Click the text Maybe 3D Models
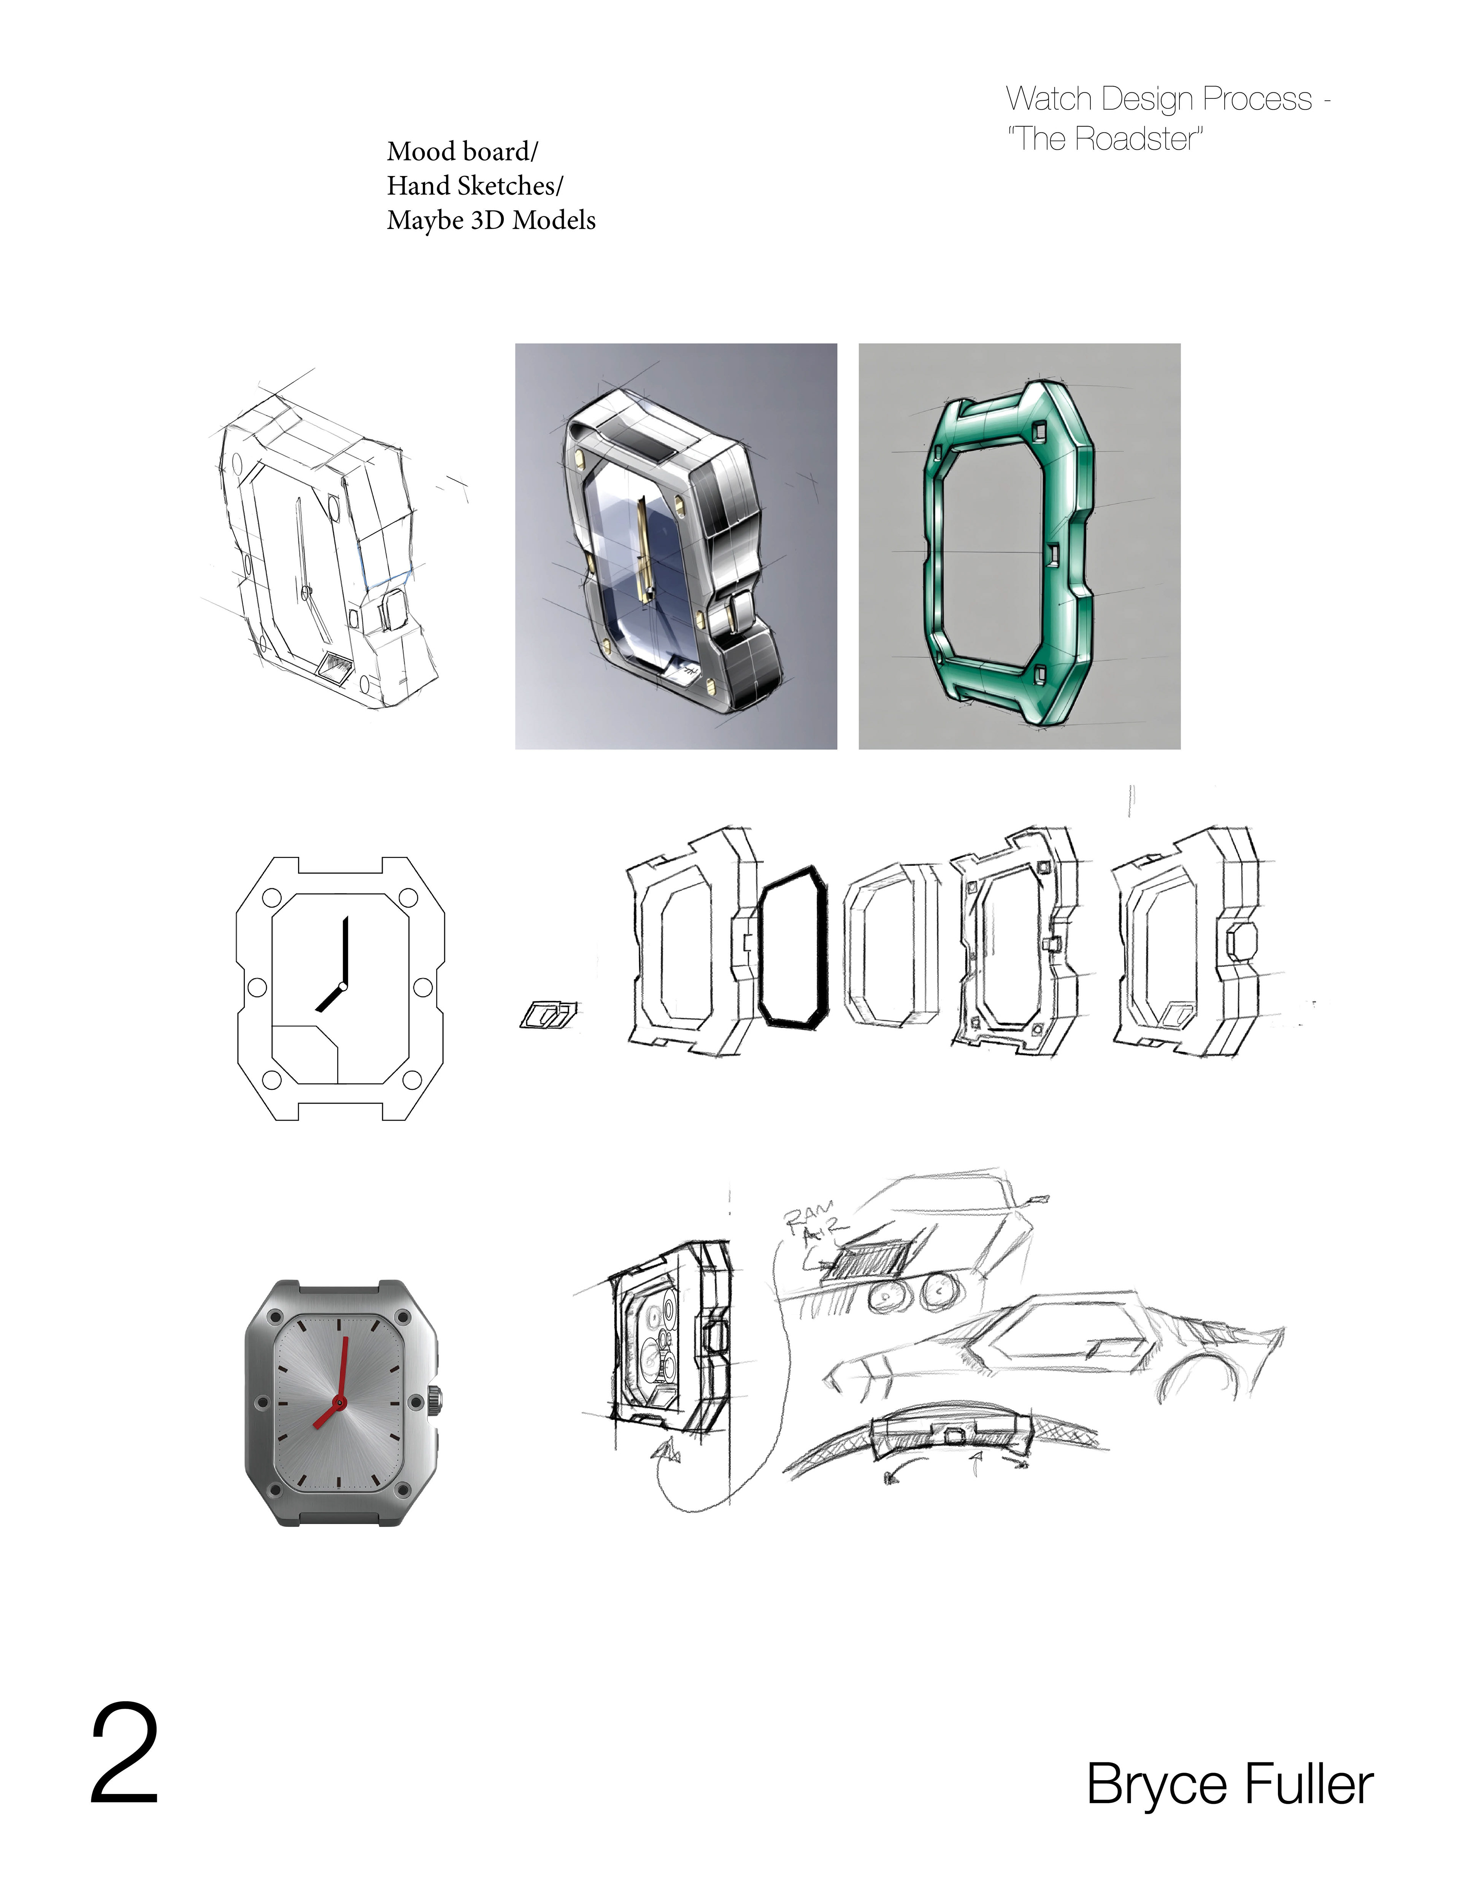pos(491,220)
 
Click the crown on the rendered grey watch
pos(435,1402)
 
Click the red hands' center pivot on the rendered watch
pos(338,1402)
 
